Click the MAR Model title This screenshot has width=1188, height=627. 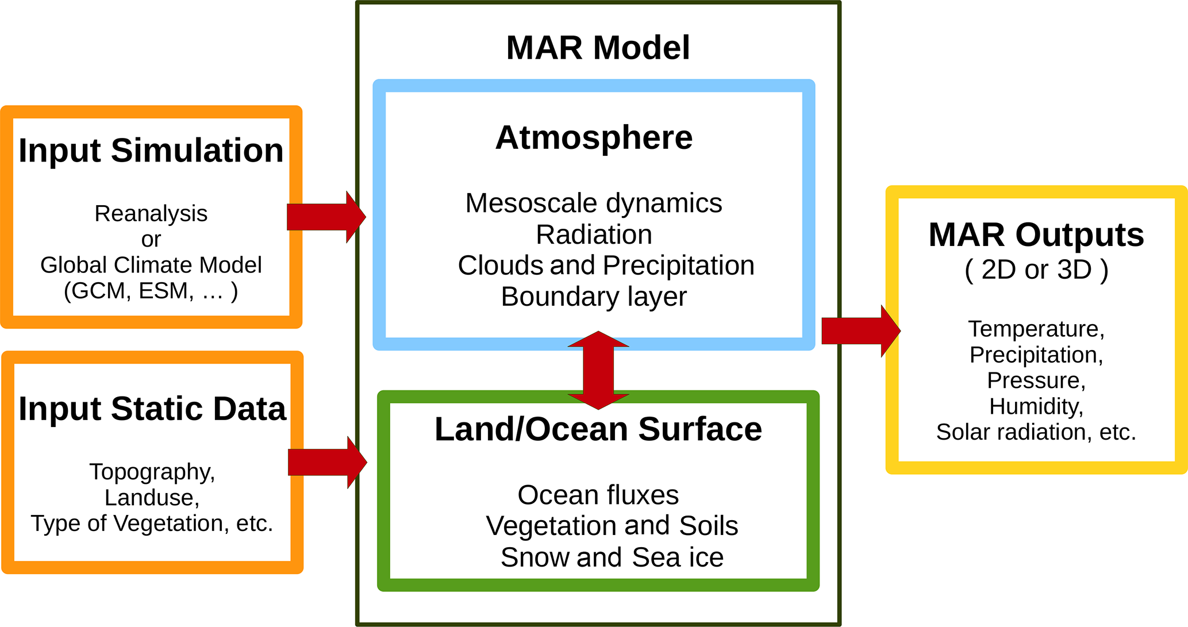pos(598,48)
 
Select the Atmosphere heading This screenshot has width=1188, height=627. pos(594,138)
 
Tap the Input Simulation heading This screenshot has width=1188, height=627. pos(151,151)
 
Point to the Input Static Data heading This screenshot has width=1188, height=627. pos(152,409)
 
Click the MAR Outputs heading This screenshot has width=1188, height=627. pos(1036,235)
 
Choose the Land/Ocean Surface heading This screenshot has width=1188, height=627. pos(598,429)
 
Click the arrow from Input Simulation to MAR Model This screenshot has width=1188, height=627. pos(325,217)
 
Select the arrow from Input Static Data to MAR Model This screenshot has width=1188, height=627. pos(326,462)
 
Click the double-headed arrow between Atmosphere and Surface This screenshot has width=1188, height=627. pos(598,370)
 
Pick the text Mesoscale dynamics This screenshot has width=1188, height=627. pos(594,203)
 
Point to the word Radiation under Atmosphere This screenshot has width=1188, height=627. pos(594,234)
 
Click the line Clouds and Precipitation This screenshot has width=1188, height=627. pos(606,266)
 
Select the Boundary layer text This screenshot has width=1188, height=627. pos(594,297)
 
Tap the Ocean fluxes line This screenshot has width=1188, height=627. pos(598,495)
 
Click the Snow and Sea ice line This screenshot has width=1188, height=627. pos(612,557)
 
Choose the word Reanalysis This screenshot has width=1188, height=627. pos(151,214)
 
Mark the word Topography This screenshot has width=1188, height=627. pos(152,472)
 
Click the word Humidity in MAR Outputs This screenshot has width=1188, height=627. pos(1036,406)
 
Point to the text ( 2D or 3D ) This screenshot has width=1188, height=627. pos(1036,270)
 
